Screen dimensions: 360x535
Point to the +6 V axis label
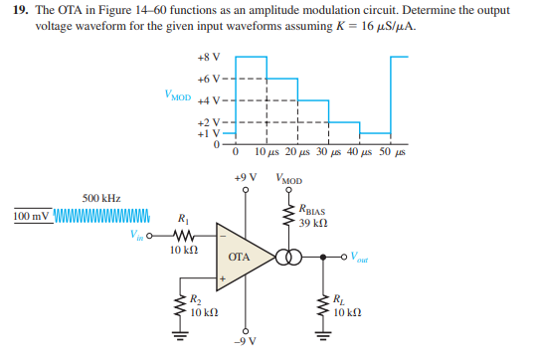tap(210, 79)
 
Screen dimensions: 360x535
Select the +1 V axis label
tap(210, 133)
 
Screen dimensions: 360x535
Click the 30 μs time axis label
tap(328, 153)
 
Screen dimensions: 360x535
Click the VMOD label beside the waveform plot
tap(179, 96)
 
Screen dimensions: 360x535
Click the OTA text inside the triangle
tap(238, 258)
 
